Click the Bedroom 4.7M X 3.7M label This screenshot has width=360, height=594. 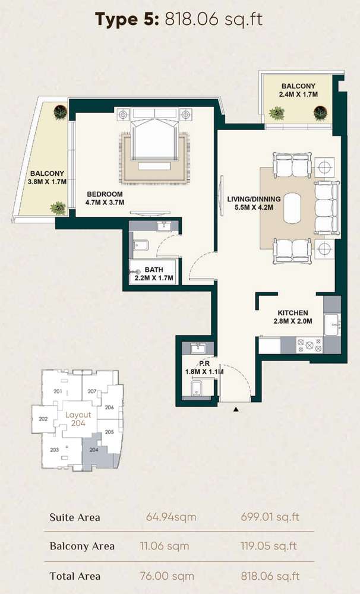click(x=105, y=198)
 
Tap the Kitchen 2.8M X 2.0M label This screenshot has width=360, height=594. click(x=293, y=317)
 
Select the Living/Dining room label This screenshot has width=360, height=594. click(x=254, y=203)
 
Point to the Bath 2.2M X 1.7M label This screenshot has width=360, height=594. click(x=154, y=274)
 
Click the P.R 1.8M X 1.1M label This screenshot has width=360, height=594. click(x=204, y=368)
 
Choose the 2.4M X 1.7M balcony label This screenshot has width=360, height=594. click(x=298, y=90)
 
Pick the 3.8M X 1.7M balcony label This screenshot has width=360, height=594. click(x=47, y=178)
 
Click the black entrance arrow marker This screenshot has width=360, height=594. click(x=236, y=409)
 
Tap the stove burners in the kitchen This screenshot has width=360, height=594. click(x=310, y=345)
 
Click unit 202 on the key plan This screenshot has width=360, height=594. click(x=43, y=419)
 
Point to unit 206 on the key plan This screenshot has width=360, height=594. click(x=109, y=407)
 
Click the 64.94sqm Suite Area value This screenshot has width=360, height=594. click(x=171, y=517)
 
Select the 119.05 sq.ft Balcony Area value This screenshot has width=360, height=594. click(x=269, y=546)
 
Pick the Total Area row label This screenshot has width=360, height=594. click(x=75, y=576)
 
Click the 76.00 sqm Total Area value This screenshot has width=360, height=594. click(x=167, y=576)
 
